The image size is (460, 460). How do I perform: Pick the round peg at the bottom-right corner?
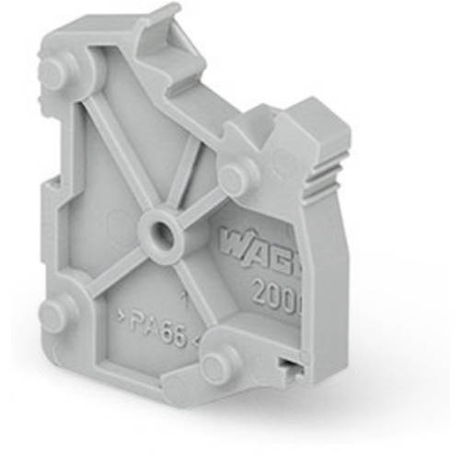point(216,367)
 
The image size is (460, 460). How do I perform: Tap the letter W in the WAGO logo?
point(230,244)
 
